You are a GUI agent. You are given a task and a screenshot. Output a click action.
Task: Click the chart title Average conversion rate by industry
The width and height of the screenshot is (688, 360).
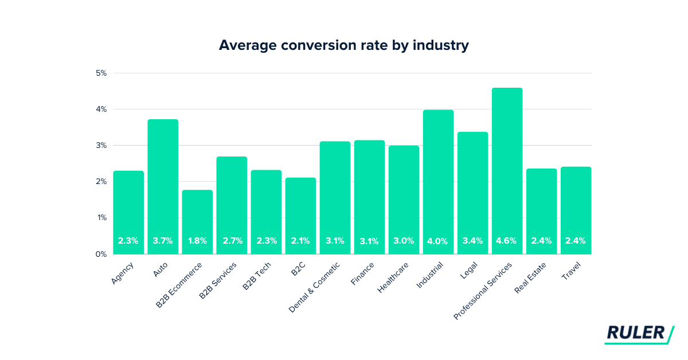point(343,45)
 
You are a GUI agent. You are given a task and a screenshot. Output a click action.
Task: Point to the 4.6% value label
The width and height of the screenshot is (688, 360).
point(507,241)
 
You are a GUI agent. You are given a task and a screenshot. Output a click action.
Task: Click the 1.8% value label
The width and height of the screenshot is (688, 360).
point(197,241)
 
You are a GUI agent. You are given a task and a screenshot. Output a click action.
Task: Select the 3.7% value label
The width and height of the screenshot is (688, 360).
point(163,241)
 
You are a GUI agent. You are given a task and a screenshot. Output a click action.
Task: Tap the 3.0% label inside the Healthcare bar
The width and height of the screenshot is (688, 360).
point(404,241)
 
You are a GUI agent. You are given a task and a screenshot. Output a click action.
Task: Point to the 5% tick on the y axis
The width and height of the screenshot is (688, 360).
point(101,73)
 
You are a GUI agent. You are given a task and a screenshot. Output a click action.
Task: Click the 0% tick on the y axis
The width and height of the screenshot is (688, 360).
point(101,254)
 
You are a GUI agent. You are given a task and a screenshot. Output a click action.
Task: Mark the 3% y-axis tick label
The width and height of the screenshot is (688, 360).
point(101,146)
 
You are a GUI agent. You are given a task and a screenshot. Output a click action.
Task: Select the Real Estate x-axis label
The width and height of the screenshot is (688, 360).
point(531,277)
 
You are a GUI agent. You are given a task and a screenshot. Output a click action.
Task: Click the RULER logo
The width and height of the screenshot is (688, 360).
point(638,334)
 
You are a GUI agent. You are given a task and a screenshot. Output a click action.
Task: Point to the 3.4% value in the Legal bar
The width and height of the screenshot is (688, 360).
point(472,241)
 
